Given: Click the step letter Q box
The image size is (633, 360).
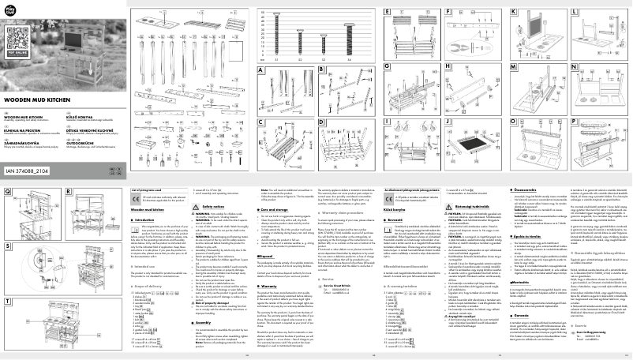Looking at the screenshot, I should point(8,193).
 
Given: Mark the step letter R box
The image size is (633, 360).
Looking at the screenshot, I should point(69,193).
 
